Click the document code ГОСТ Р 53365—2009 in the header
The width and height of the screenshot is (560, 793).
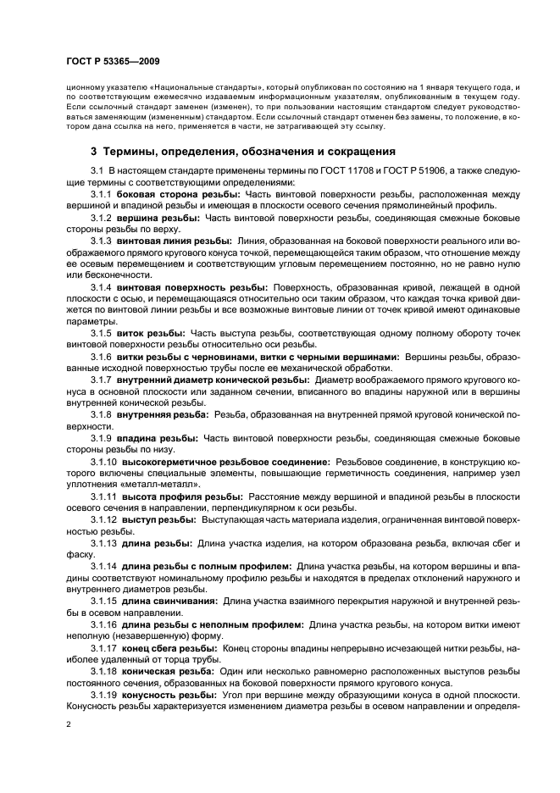112,62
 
